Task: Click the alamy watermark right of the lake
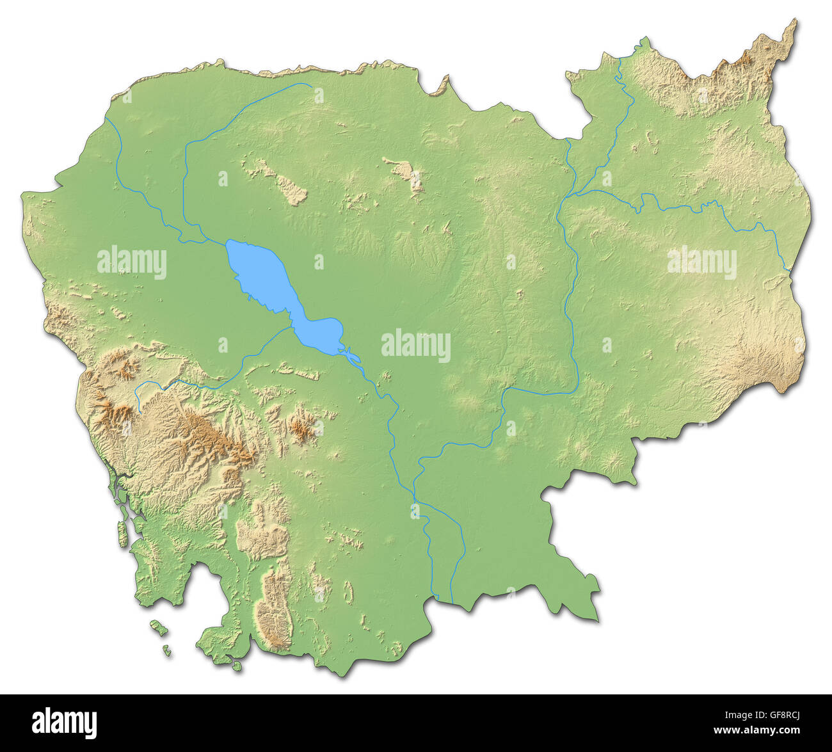click(415, 346)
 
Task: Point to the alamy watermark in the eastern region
click(701, 263)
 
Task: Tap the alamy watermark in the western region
click(132, 263)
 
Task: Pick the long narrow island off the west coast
click(122, 534)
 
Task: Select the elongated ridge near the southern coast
click(274, 608)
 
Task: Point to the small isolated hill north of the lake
click(407, 173)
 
